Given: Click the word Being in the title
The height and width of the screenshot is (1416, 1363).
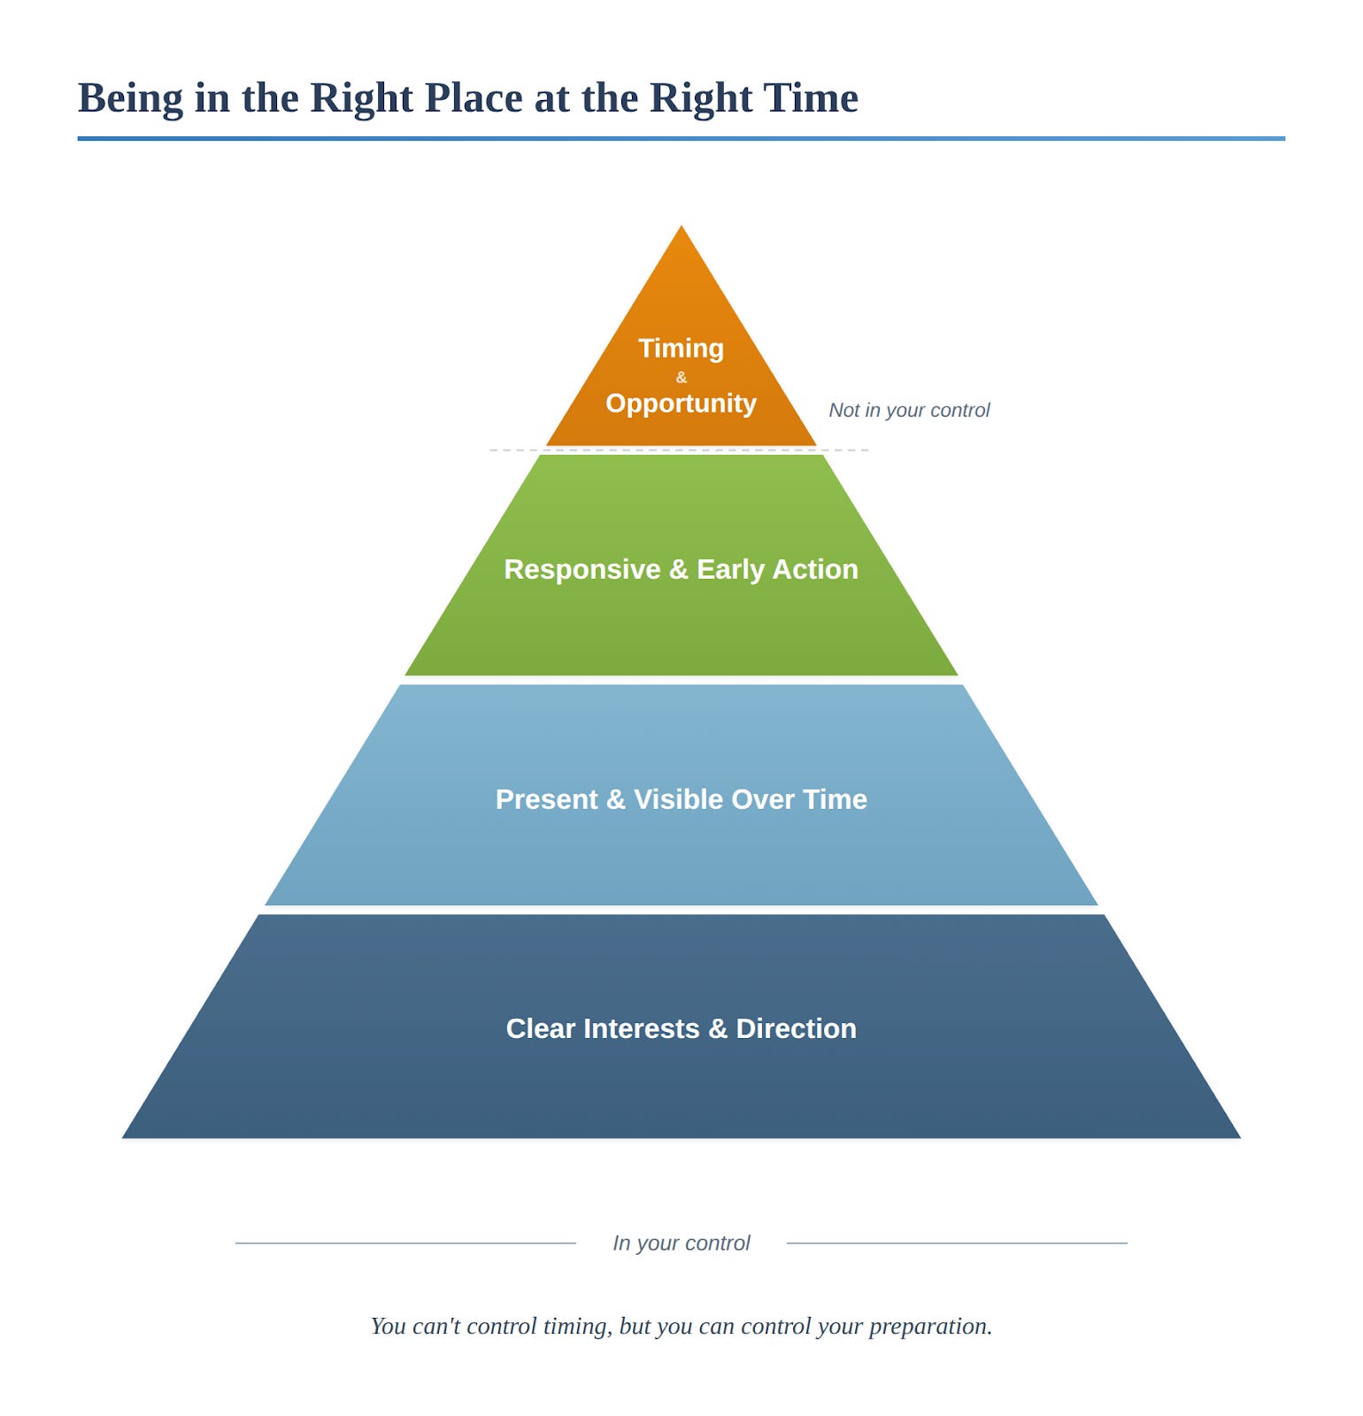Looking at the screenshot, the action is coord(130,99).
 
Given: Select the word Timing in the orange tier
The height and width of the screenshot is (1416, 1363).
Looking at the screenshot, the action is coord(681,348).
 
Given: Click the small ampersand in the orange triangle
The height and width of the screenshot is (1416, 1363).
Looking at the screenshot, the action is coord(681,377).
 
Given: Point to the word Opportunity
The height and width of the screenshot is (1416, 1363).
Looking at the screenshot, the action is coord(681,403).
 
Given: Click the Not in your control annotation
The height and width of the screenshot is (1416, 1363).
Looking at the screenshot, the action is coord(909,410).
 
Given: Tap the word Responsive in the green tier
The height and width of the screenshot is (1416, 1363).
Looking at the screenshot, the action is coord(581,569).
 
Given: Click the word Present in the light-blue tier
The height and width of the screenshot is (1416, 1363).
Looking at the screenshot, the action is coord(546,799).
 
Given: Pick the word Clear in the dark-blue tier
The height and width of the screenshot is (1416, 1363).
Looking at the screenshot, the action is coord(540,1028).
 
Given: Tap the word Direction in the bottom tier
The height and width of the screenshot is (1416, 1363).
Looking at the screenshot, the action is coord(796,1028).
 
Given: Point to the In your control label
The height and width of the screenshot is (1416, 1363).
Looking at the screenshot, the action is coord(681,1243).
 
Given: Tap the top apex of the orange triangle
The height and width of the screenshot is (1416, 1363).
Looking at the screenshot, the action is coord(681,228).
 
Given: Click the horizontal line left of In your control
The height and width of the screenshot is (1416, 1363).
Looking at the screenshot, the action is coord(405,1243).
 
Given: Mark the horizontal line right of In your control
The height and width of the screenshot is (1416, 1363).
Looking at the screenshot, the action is coord(957,1243).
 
